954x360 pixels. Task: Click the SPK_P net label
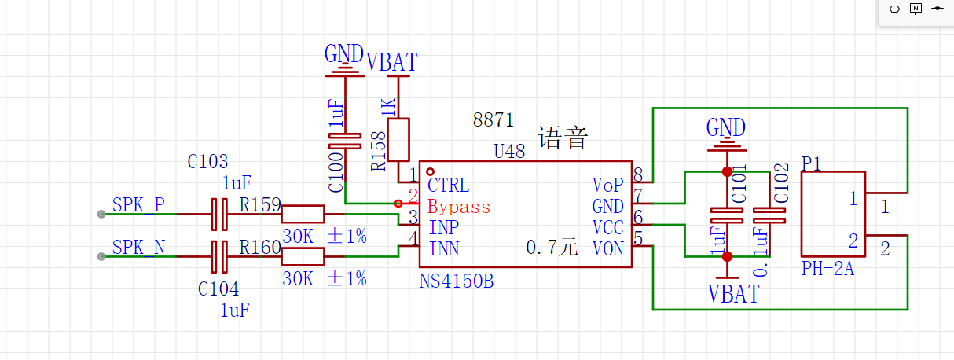click(x=138, y=205)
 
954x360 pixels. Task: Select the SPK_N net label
click(x=138, y=248)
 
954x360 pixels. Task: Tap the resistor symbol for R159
click(x=303, y=214)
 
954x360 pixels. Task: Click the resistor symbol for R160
click(x=303, y=256)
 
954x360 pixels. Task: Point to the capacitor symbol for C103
click(x=219, y=214)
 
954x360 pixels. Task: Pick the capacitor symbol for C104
click(x=219, y=256)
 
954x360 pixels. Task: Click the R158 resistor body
click(x=398, y=140)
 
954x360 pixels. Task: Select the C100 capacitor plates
click(x=345, y=141)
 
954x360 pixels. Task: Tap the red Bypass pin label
click(x=459, y=208)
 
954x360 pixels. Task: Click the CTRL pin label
click(x=449, y=186)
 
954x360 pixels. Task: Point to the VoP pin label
click(x=607, y=185)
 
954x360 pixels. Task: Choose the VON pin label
click(x=607, y=249)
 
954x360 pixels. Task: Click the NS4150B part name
click(x=456, y=281)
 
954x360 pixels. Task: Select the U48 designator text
click(x=509, y=151)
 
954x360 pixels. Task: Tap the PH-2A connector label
click(x=827, y=269)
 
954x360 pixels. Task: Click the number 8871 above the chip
click(x=494, y=119)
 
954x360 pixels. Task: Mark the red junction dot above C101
click(x=727, y=171)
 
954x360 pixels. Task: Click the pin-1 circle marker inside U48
click(x=430, y=171)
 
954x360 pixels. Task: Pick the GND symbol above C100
click(x=345, y=61)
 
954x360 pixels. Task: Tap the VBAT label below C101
click(x=733, y=294)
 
